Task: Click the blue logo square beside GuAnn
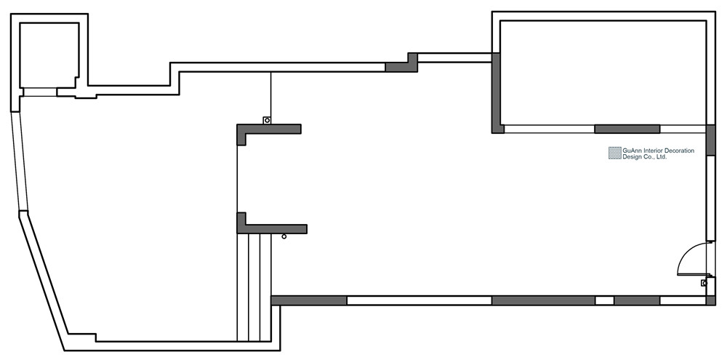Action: click(x=616, y=153)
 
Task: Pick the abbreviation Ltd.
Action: click(x=662, y=156)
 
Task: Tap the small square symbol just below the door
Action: click(x=704, y=283)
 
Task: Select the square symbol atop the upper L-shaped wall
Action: click(x=267, y=121)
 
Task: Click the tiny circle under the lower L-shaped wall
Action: click(x=284, y=236)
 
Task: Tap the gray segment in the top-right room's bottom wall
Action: click(x=627, y=129)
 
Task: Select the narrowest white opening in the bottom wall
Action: click(x=604, y=300)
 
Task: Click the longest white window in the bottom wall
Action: click(x=419, y=300)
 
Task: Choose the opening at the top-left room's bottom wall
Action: click(x=39, y=92)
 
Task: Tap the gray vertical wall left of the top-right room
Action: click(x=498, y=92)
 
